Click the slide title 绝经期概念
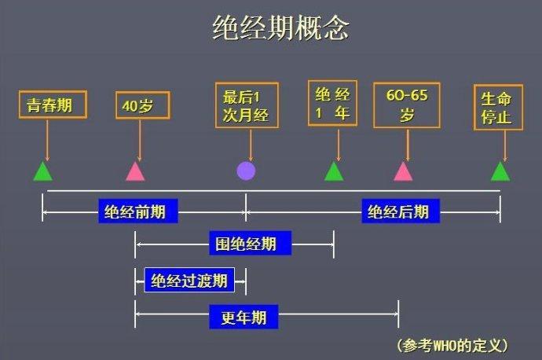280,28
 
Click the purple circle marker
246,171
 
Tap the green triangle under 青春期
43,171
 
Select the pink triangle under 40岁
135,171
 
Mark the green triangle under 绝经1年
334,171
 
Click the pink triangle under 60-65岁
403,171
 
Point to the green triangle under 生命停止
500,171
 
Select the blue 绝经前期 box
138,211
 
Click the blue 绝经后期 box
401,211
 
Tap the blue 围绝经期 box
251,243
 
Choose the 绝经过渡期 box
189,280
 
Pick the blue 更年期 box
244,317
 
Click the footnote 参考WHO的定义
452,345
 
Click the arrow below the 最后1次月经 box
251,145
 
